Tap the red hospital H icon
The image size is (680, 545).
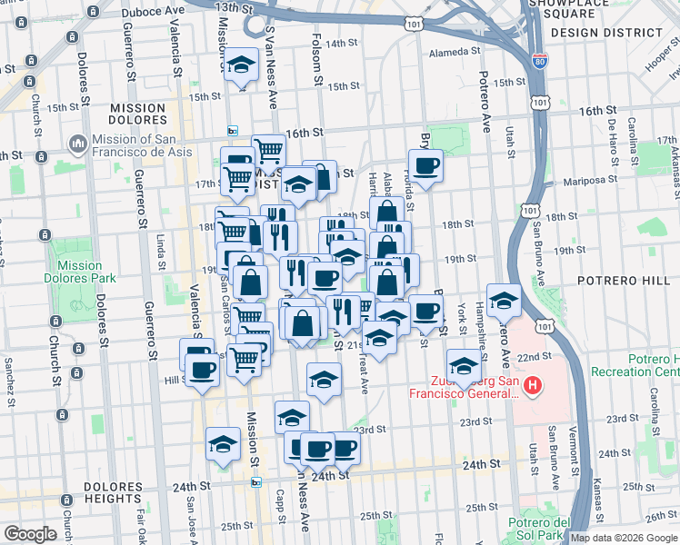533,387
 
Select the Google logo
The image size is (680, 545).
30,534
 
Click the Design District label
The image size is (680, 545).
606,33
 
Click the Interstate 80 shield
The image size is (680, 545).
539,61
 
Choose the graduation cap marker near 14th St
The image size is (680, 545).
241,65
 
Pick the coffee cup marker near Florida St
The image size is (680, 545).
425,166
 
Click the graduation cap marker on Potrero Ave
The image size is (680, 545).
504,300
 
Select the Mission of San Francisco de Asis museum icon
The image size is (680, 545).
77,145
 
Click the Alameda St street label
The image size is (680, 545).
454,53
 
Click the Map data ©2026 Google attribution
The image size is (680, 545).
624,538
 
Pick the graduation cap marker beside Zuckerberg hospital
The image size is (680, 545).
464,366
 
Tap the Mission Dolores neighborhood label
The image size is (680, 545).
137,114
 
